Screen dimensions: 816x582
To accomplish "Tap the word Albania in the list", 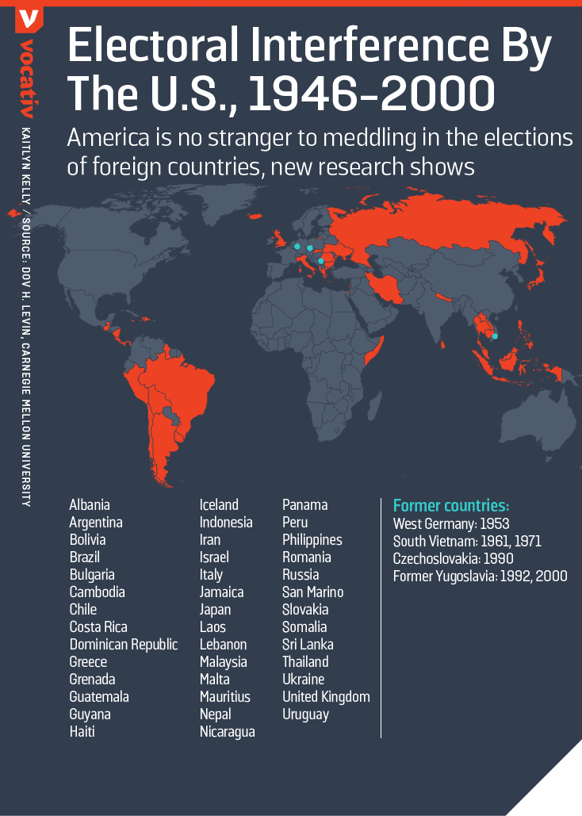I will click(90, 505).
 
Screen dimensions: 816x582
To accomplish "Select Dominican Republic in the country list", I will click(124, 645).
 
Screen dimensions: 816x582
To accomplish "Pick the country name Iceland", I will click(219, 505).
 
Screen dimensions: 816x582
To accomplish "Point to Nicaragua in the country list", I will click(228, 732).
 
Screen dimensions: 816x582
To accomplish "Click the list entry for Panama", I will click(305, 505).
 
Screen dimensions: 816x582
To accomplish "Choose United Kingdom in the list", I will click(326, 697).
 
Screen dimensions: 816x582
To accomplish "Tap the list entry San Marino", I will click(313, 592).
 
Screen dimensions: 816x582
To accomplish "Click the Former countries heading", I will click(450, 506).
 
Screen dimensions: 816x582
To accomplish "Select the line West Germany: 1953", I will click(451, 524).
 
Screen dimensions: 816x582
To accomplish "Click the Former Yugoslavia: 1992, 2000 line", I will click(481, 577).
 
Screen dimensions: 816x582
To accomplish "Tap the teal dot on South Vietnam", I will click(495, 336).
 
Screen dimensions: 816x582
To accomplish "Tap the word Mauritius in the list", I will click(225, 697).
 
